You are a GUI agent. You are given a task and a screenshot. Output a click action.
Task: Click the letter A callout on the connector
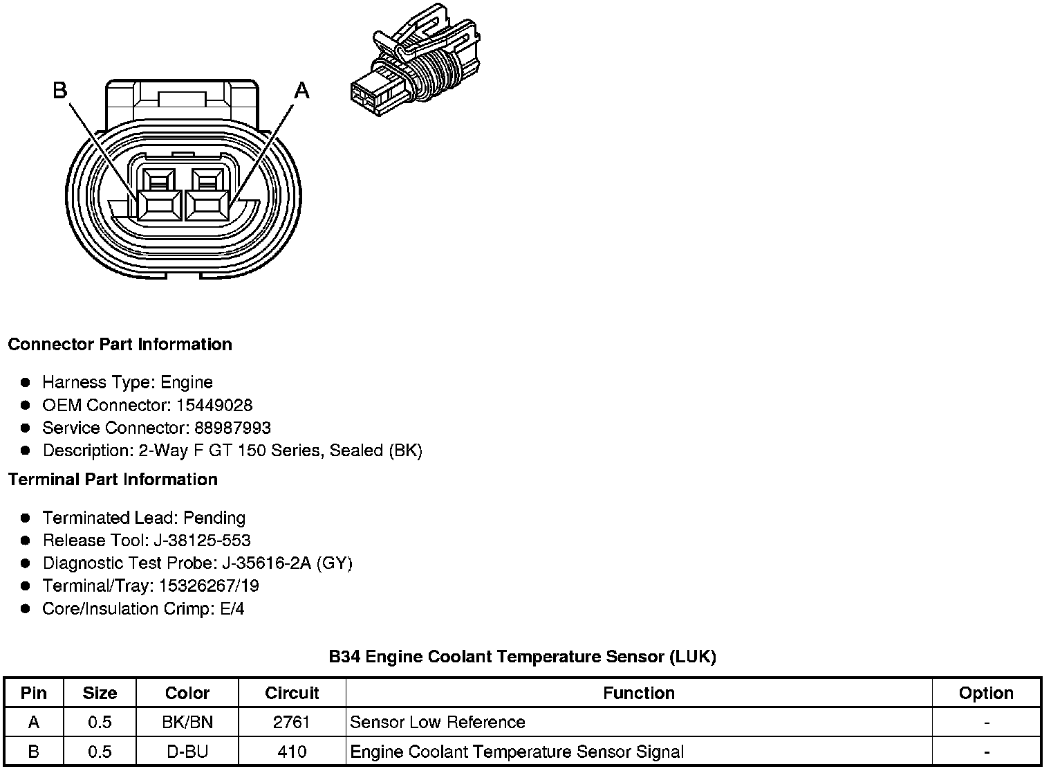click(301, 90)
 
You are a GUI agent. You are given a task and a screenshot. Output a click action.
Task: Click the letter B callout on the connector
click(61, 90)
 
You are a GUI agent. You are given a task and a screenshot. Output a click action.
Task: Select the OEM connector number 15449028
click(214, 405)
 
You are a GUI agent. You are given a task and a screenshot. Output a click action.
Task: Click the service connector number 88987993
click(230, 428)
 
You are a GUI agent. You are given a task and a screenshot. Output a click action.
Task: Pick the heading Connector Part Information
click(120, 345)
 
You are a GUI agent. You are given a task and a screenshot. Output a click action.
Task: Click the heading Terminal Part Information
click(113, 480)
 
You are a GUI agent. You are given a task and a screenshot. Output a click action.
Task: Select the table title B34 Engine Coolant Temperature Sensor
click(522, 656)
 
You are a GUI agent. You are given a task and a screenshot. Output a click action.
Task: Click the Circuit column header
click(292, 693)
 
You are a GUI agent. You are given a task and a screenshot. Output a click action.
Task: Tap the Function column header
click(639, 693)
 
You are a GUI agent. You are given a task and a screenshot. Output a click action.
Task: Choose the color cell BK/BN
click(187, 723)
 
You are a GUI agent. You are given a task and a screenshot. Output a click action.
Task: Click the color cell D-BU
click(187, 752)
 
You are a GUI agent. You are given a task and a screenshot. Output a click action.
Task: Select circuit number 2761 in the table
click(292, 723)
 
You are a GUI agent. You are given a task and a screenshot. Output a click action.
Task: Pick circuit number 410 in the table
click(292, 752)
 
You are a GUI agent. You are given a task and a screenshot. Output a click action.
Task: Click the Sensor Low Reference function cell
click(438, 723)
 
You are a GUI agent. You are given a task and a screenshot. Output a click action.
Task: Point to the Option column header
click(986, 693)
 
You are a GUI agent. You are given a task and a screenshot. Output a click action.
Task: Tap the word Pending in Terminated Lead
click(214, 518)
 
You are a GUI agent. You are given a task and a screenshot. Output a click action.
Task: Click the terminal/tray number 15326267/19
click(209, 586)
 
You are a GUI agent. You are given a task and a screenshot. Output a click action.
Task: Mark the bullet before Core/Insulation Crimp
click(26, 608)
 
